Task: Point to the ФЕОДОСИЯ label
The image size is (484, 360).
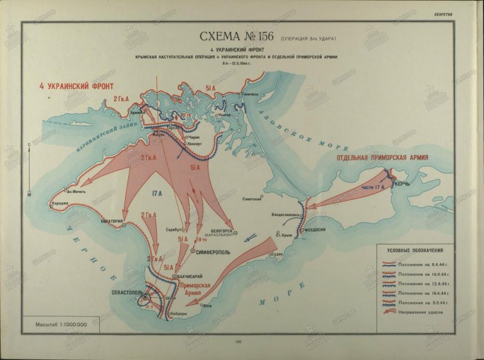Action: (x=313, y=230)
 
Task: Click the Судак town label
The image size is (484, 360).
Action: (x=276, y=254)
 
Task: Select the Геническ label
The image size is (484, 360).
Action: (x=253, y=94)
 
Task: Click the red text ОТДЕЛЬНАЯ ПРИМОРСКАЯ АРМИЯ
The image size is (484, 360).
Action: (x=380, y=157)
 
